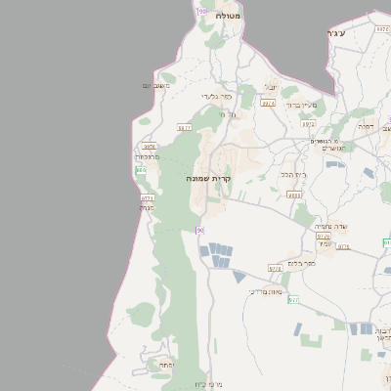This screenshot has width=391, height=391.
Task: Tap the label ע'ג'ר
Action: tap(335, 33)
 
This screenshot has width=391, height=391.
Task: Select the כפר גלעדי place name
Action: tap(216, 96)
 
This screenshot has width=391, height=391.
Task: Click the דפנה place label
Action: tap(367, 126)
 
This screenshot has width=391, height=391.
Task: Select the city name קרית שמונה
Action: tap(207, 179)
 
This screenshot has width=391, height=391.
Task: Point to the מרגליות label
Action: tap(145, 156)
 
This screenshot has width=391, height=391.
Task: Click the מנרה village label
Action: tap(147, 207)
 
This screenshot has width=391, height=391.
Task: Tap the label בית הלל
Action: tap(293, 173)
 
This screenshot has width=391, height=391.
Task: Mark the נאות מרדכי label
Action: tap(266, 290)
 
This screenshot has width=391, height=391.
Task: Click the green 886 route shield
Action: tap(141, 170)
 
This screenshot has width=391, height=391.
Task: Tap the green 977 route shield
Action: tap(293, 299)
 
